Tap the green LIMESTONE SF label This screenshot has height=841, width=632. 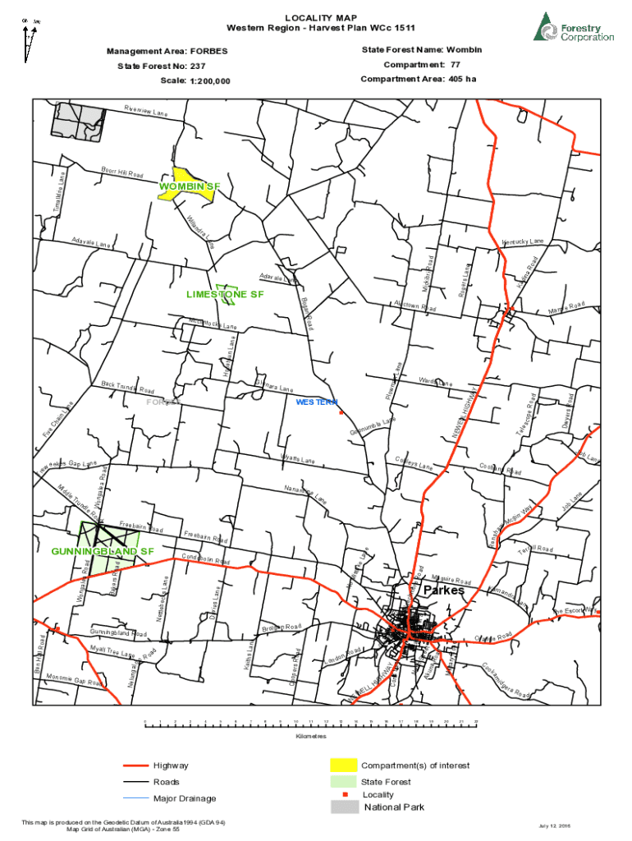224,294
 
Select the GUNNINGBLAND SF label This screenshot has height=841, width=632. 103,551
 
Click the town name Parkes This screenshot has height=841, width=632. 443,591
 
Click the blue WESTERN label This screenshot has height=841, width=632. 316,402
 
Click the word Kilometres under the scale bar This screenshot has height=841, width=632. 311,737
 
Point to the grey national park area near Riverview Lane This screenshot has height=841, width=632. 79,121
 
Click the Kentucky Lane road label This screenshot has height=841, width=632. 522,242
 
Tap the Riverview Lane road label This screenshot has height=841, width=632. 146,110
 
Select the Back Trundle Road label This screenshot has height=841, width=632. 127,387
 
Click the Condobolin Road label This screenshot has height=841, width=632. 205,561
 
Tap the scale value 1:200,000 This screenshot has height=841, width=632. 209,81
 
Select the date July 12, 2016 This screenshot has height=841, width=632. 554,825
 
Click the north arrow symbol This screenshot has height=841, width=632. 30,41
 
